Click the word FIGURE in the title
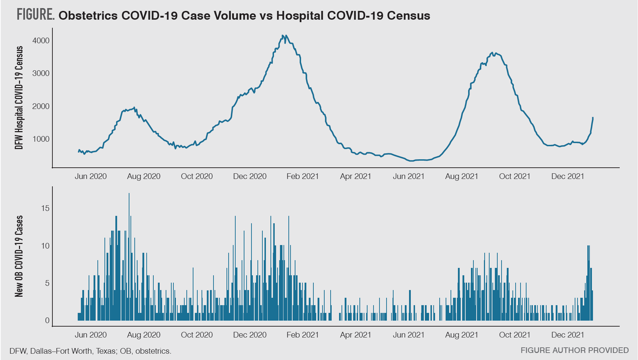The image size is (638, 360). click(35, 15)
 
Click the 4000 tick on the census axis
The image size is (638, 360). click(41, 41)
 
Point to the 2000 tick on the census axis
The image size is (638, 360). click(41, 107)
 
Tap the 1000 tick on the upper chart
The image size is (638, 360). click(41, 139)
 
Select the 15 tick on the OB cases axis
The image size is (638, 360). click(45, 208)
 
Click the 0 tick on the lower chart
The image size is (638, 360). click(47, 321)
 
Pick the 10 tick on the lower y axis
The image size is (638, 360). click(45, 246)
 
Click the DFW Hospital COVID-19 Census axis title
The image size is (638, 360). click(19, 98)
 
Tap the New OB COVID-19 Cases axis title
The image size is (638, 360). click(19, 256)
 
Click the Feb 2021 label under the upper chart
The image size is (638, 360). click(302, 176)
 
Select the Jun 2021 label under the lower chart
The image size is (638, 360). click(408, 335)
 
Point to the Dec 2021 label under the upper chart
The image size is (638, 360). click(567, 176)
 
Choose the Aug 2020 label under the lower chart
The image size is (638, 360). click(143, 335)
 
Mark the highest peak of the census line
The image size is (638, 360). click(282, 36)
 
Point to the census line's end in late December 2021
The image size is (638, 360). click(593, 118)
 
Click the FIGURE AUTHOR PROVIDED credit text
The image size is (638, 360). click(574, 350)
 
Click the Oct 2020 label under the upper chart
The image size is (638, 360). click(197, 176)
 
